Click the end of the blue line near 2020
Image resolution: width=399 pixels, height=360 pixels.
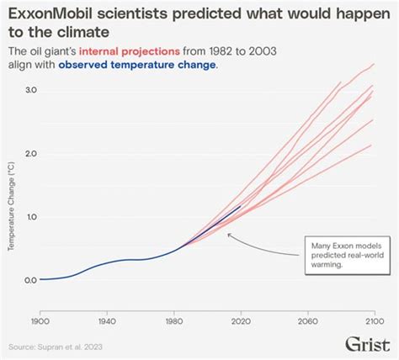[x=241, y=206]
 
